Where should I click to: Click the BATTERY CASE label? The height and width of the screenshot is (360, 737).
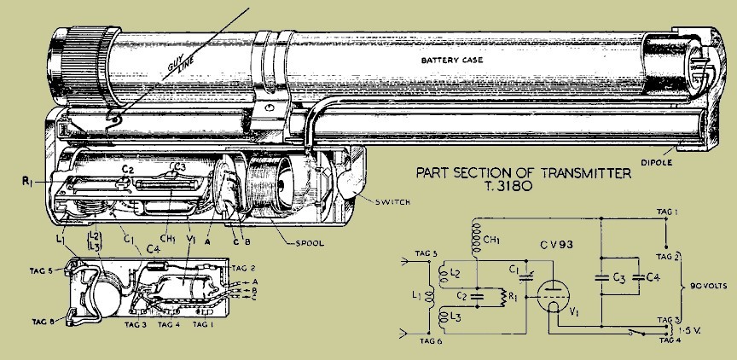point(452,61)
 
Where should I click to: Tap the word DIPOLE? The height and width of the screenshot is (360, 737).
point(657,163)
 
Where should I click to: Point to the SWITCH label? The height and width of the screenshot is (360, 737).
point(392,202)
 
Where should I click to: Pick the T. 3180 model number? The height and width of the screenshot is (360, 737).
point(513,186)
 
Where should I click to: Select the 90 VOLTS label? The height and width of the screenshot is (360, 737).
point(709,286)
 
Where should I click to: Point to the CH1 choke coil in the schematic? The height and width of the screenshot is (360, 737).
point(477,239)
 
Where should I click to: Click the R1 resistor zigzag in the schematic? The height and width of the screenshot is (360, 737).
point(502,297)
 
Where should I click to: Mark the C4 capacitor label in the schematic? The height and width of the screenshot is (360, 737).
point(653,277)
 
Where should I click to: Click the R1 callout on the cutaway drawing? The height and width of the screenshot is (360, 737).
point(26,182)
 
